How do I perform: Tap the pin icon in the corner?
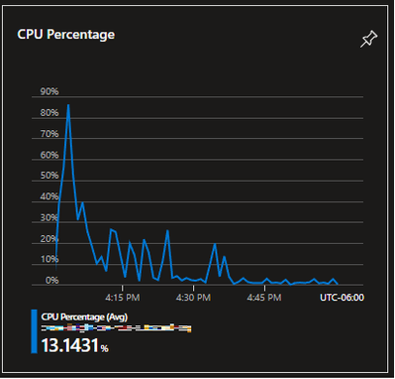coord(368,39)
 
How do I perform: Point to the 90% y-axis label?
coord(49,91)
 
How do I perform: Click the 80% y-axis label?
coord(49,113)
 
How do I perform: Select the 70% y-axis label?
coord(49,134)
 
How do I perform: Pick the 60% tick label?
coord(49,155)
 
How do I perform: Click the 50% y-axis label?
coord(49,176)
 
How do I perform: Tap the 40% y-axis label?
coord(49,196)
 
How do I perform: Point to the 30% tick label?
coord(49,218)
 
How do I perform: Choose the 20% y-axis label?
coord(49,239)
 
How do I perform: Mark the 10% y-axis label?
coord(49,260)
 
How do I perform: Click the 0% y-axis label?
coord(51,281)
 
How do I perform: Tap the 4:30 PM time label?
coord(192,296)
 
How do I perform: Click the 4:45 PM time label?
coord(262,296)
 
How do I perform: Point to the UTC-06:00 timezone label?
coord(342,296)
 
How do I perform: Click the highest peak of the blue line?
coord(68,104)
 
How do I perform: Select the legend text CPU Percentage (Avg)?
coord(82,317)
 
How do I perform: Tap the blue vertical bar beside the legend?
coord(35,331)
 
